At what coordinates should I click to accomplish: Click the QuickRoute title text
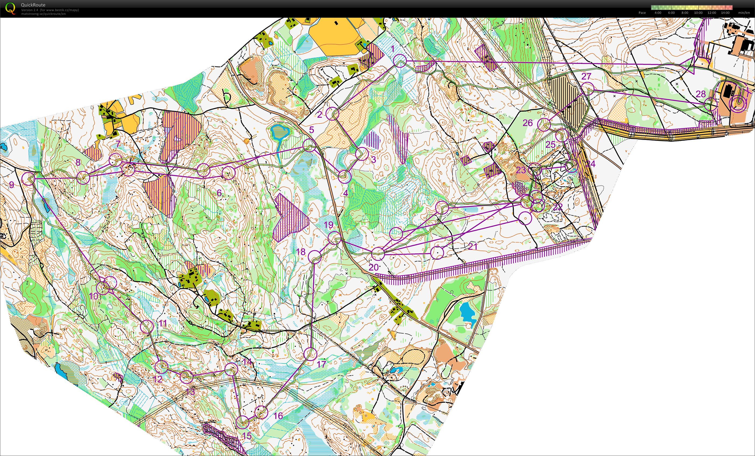coord(33,5)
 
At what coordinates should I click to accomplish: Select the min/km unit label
coord(744,13)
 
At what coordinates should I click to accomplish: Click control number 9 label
coord(12,185)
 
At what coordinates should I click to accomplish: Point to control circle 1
coord(400,61)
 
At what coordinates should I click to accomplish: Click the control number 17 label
coord(321,364)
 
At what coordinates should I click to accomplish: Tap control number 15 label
coord(247,436)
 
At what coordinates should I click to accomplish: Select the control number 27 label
coord(586,76)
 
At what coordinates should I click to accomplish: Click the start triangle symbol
coord(689,65)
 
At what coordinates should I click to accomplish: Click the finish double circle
coord(739,103)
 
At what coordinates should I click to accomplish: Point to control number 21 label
coord(472,246)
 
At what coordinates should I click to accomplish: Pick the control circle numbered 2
coord(332,114)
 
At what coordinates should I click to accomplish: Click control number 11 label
coord(163,323)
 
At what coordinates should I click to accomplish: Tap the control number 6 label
coord(219,193)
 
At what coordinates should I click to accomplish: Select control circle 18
coord(315,257)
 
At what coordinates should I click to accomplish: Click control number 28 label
coord(701,94)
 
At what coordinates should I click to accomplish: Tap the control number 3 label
coord(373,159)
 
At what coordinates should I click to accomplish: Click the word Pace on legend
coord(642,13)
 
